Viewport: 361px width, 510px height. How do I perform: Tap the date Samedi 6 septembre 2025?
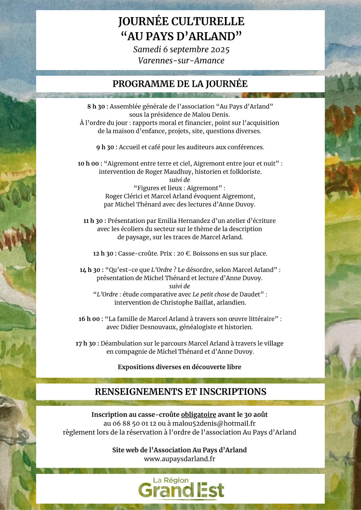point(181,50)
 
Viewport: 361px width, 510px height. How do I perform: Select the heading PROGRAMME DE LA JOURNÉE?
point(180,84)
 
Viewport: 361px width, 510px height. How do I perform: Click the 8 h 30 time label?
point(97,107)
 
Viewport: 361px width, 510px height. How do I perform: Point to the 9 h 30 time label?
point(107,147)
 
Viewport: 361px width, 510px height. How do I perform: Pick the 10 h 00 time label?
point(90,163)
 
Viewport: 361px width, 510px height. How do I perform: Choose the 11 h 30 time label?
point(94,221)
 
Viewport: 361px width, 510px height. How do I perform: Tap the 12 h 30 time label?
point(104,253)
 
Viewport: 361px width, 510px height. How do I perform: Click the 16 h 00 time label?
point(91,319)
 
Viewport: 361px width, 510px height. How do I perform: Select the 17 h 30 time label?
point(87,343)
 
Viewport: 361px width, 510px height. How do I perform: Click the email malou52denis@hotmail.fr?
point(214,423)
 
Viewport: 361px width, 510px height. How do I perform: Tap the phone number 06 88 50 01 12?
point(134,423)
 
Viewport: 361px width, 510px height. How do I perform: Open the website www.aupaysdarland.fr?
point(179,459)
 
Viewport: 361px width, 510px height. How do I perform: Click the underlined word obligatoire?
point(199,414)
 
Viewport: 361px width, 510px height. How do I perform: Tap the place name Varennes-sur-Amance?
point(181,61)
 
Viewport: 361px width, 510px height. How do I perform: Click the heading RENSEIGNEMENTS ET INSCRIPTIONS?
point(180,392)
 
